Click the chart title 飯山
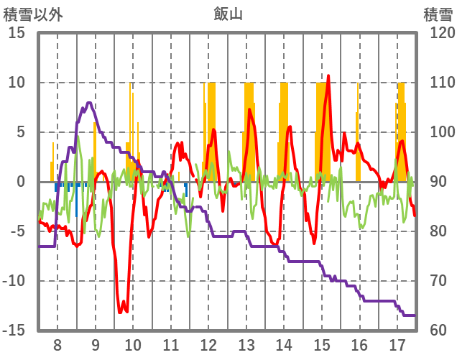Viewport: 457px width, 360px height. [228, 12]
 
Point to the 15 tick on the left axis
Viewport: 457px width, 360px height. [17, 33]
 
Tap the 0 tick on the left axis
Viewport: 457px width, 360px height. [20, 182]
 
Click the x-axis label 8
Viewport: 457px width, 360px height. [57, 343]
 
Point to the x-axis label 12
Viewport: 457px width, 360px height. [208, 343]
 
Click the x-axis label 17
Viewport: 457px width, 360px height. [397, 343]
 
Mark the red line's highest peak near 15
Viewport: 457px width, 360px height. [328, 75]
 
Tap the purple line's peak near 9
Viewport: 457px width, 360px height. [88, 103]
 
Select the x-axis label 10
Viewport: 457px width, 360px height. [133, 343]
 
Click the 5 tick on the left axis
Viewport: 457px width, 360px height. [20, 132]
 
